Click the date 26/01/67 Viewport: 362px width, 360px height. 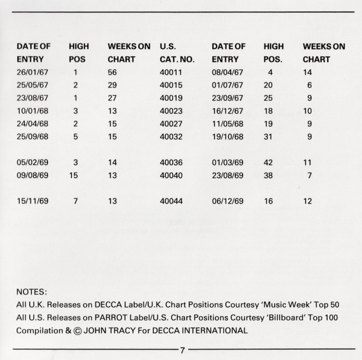tap(33, 72)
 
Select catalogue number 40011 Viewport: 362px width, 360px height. tap(172, 72)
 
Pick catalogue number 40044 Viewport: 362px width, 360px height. tap(172, 201)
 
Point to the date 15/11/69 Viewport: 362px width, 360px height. tap(33, 201)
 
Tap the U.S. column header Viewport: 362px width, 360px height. tap(168, 46)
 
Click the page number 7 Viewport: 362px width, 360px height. tap(182, 350)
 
